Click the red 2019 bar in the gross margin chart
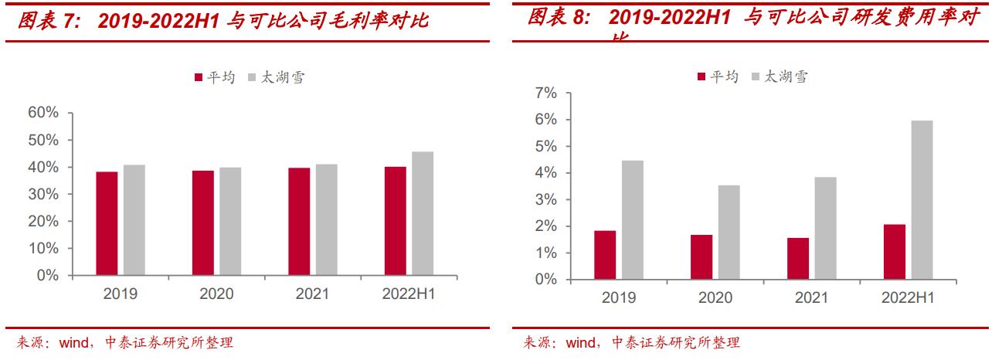[107, 223]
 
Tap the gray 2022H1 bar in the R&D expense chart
[922, 200]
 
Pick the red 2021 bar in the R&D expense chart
[798, 259]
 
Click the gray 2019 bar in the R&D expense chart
[632, 220]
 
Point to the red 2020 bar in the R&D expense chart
[701, 257]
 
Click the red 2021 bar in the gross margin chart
[299, 222]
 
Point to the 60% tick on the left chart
[43, 113]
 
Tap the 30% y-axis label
[43, 194]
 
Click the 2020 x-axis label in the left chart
[216, 294]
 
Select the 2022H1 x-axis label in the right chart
[908, 298]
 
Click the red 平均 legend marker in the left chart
[199, 77]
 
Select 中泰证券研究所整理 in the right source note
[674, 342]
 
